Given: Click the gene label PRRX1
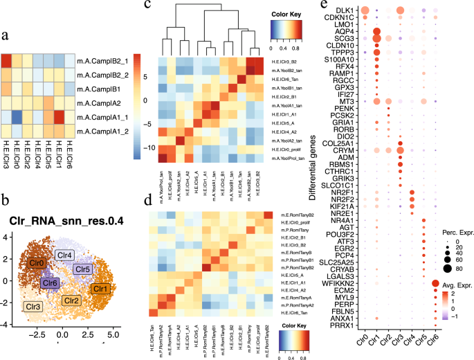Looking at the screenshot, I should tap(340, 344).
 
